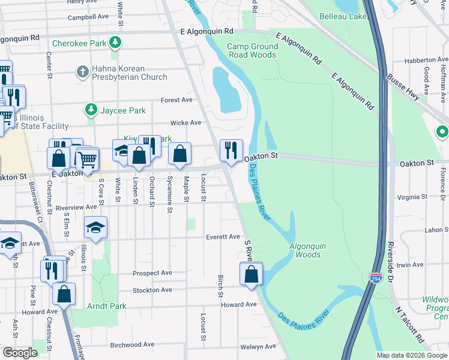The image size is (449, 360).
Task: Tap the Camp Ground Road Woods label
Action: pyautogui.click(x=252, y=50)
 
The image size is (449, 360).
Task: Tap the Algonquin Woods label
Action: pyautogui.click(x=309, y=250)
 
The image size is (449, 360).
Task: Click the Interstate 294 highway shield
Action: pyautogui.click(x=376, y=279)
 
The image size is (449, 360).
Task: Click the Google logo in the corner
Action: pyautogui.click(x=20, y=352)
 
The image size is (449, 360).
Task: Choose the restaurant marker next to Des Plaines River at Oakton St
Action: pyautogui.click(x=231, y=151)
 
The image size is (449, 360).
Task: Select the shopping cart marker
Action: pyautogui.click(x=88, y=158)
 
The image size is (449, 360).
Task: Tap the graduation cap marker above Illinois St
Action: pyautogui.click(x=96, y=228)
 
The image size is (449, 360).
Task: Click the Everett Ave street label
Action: pyautogui.click(x=223, y=237)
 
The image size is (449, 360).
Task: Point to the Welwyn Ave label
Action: pyautogui.click(x=258, y=346)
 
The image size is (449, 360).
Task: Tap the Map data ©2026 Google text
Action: pyautogui.click(x=411, y=355)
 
